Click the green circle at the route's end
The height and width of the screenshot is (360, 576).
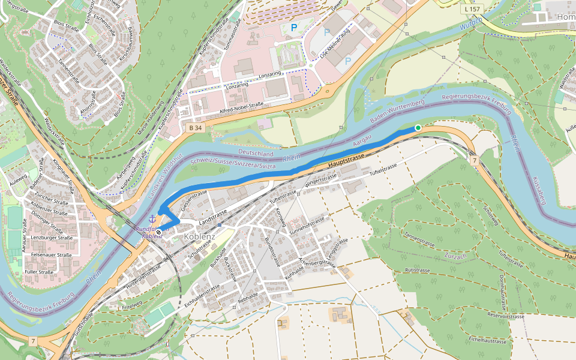pyautogui.click(x=418, y=128)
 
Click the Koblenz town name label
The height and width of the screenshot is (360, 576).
pyautogui.click(x=199, y=236)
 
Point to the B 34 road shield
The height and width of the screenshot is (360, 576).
pyautogui.click(x=194, y=128)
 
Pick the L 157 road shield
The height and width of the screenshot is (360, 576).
pyautogui.click(x=473, y=10)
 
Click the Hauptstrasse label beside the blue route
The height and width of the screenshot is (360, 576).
pyautogui.click(x=347, y=160)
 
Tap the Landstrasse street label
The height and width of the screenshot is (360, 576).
pyautogui.click(x=213, y=216)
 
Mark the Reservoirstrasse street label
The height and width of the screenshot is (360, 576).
pyautogui.click(x=506, y=316)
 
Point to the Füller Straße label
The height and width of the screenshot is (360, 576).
pyautogui.click(x=38, y=272)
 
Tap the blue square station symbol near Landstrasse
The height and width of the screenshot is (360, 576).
pyautogui.click(x=221, y=225)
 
